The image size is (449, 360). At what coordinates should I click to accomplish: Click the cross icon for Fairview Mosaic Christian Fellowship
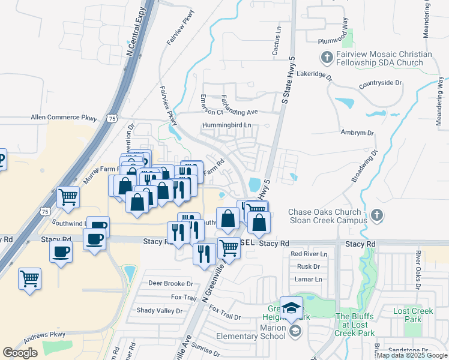tap(327, 58)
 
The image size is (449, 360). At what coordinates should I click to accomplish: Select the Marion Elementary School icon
tap(295, 331)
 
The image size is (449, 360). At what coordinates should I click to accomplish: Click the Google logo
tap(20, 353)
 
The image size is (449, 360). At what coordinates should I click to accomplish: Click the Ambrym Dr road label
tap(357, 133)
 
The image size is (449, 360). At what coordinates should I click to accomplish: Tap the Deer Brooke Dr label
tap(170, 284)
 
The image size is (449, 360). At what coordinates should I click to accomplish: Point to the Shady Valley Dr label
tap(158, 310)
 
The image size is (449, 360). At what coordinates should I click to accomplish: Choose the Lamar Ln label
tap(308, 279)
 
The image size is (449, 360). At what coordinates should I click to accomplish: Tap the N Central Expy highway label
tap(140, 38)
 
